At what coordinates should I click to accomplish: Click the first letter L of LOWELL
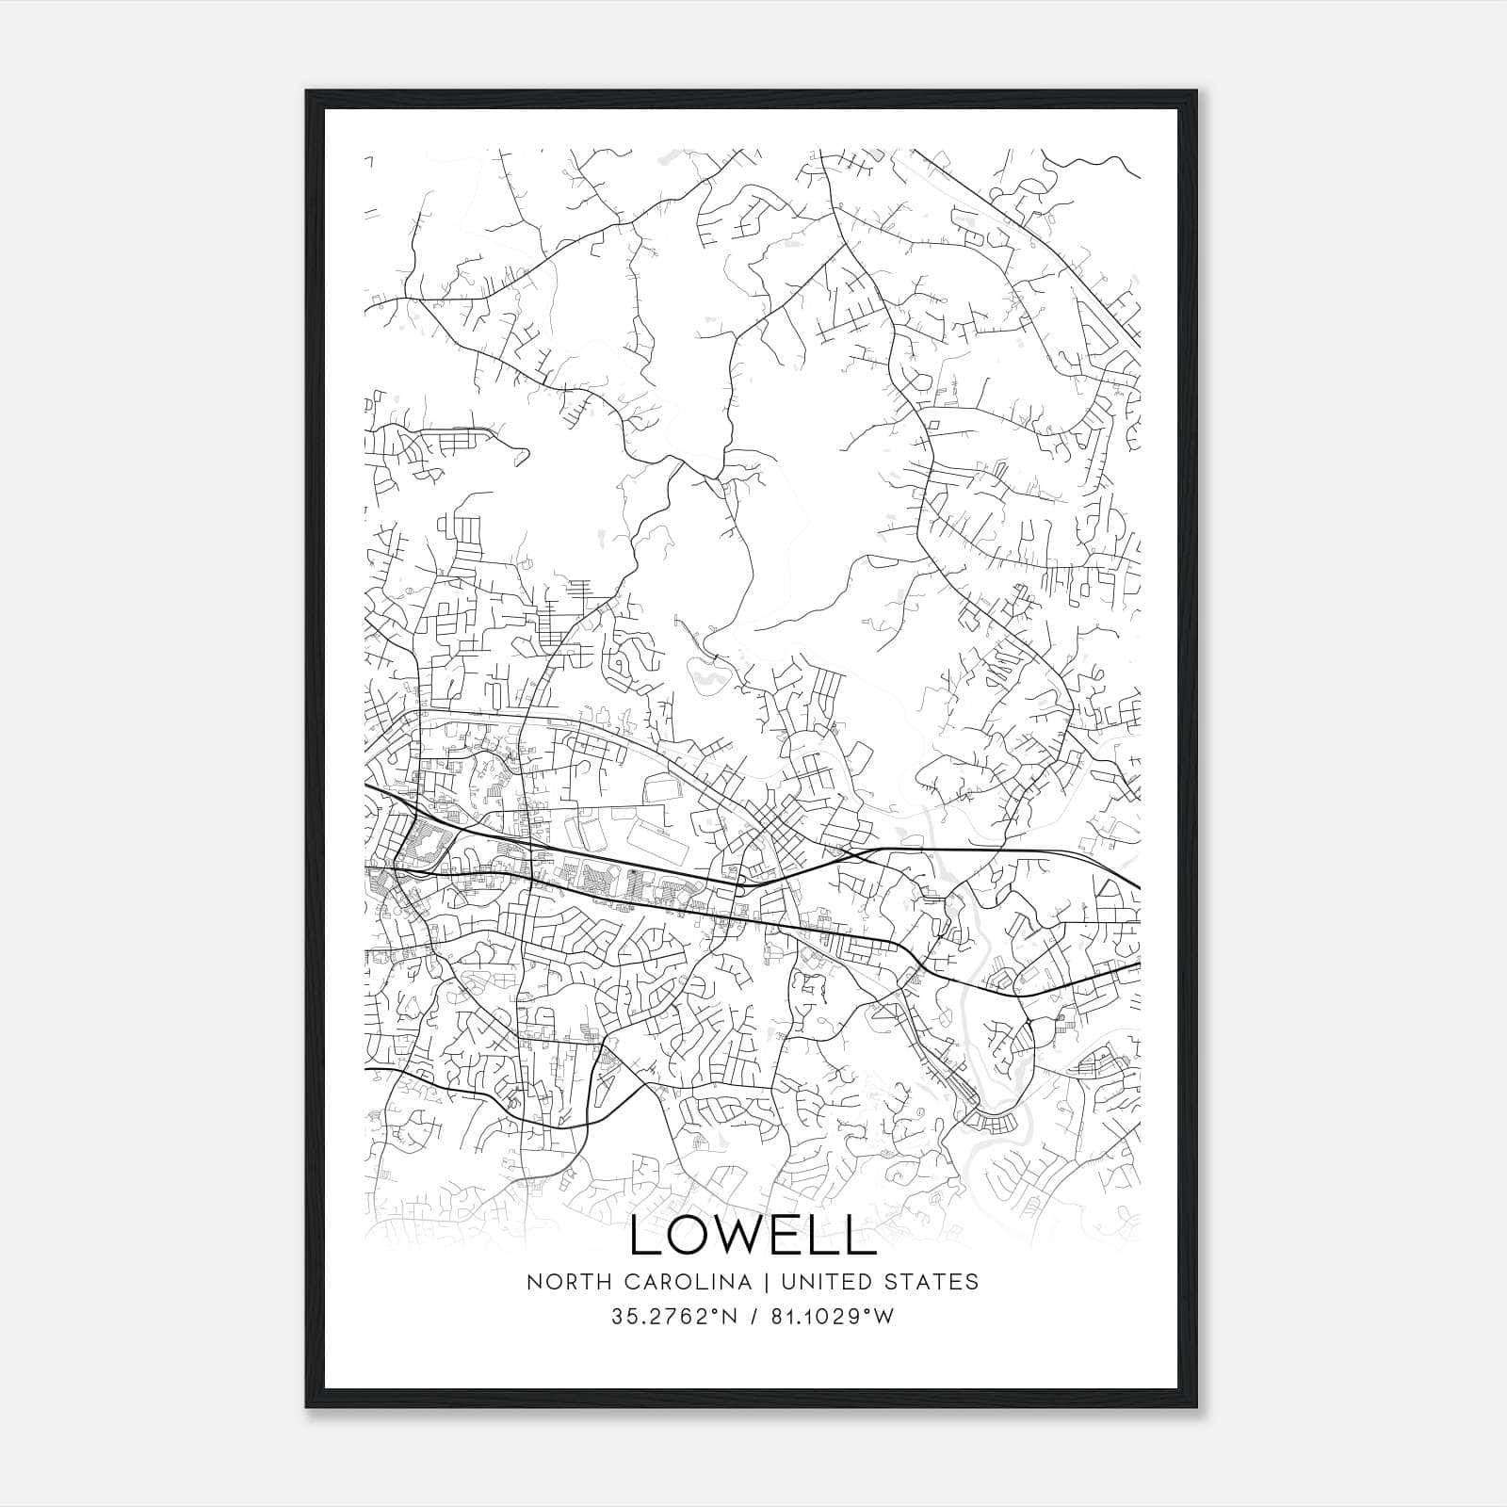644,1235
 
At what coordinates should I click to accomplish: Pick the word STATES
934,1282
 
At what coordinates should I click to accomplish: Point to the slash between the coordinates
754,1317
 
